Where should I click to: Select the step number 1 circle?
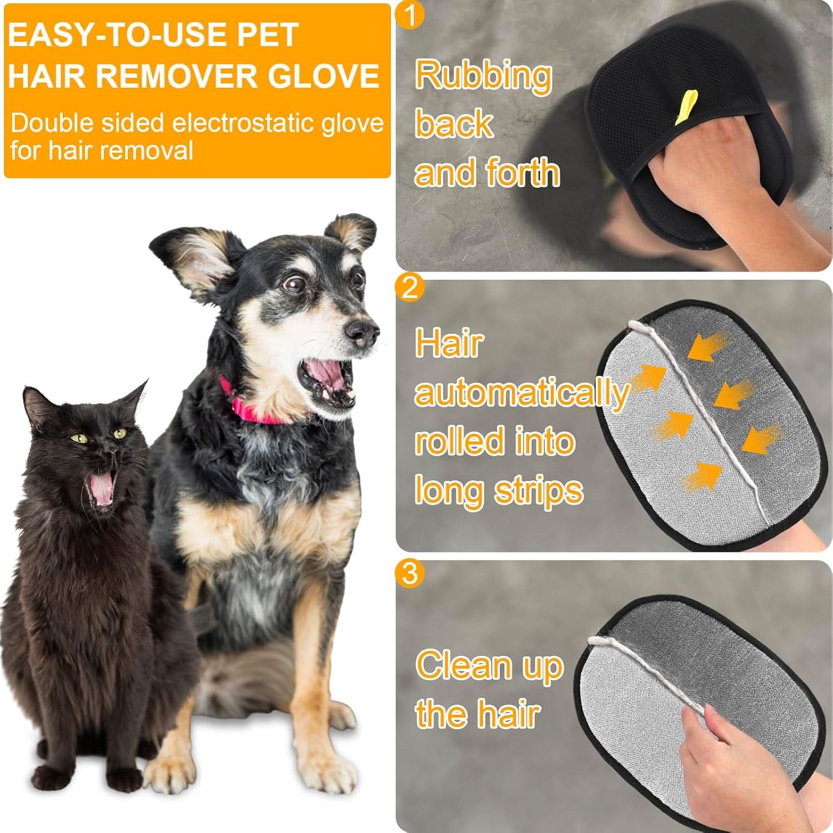[410, 15]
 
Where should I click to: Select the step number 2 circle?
[409, 288]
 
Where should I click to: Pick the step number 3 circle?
[409, 573]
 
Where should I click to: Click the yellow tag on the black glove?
[688, 105]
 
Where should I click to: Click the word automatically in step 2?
[521, 393]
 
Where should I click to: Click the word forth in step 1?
[522, 172]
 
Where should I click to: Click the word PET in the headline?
[268, 35]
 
